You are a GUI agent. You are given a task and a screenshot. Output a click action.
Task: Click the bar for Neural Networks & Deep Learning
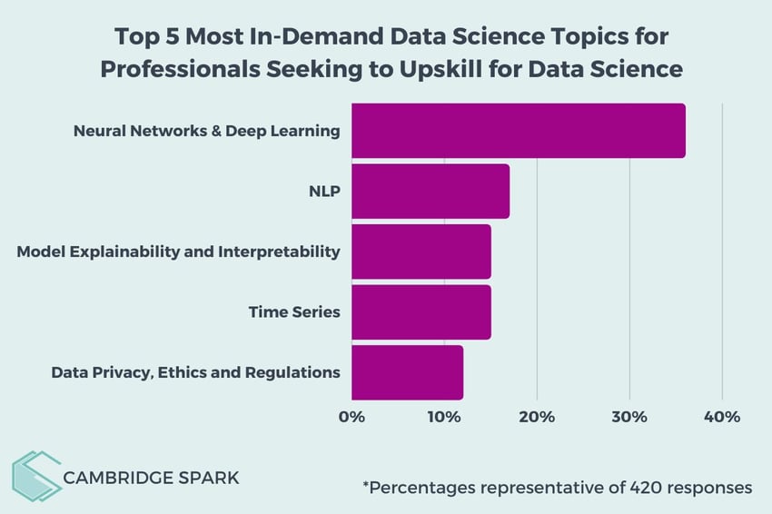click(518, 131)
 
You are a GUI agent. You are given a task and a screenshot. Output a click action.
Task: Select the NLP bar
click(430, 191)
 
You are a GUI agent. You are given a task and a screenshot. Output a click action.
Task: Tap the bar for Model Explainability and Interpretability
click(421, 252)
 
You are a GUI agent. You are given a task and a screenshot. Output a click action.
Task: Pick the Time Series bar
click(421, 312)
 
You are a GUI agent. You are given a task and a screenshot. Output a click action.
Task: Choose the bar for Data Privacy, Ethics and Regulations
click(407, 372)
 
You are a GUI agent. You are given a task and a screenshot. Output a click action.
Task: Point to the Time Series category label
click(294, 312)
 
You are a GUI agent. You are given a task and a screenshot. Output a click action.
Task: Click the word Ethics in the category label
click(185, 372)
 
